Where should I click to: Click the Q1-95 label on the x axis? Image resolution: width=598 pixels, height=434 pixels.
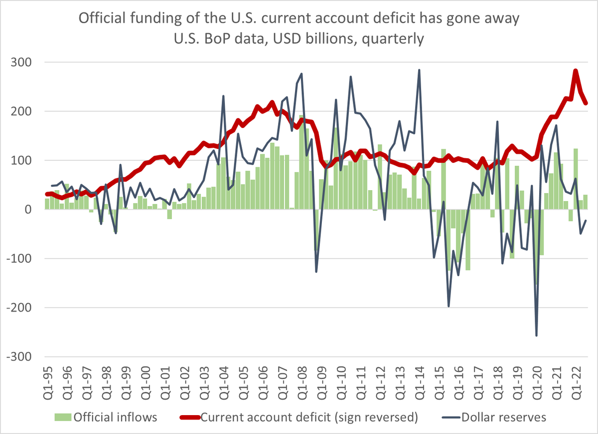point(48,385)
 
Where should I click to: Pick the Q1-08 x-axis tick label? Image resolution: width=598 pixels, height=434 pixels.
point(300,385)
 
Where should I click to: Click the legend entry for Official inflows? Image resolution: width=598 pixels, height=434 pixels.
point(115,417)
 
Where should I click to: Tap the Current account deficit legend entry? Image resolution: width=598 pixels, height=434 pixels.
point(309,417)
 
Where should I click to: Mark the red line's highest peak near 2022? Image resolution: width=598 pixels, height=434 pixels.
point(576,71)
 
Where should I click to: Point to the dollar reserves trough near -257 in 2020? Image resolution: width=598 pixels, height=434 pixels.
point(536,335)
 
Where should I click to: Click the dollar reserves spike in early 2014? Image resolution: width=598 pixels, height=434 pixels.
point(419,70)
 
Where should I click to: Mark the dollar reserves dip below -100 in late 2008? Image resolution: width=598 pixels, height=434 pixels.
point(316,271)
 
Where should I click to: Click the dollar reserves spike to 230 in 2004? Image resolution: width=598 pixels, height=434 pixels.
point(223,96)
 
